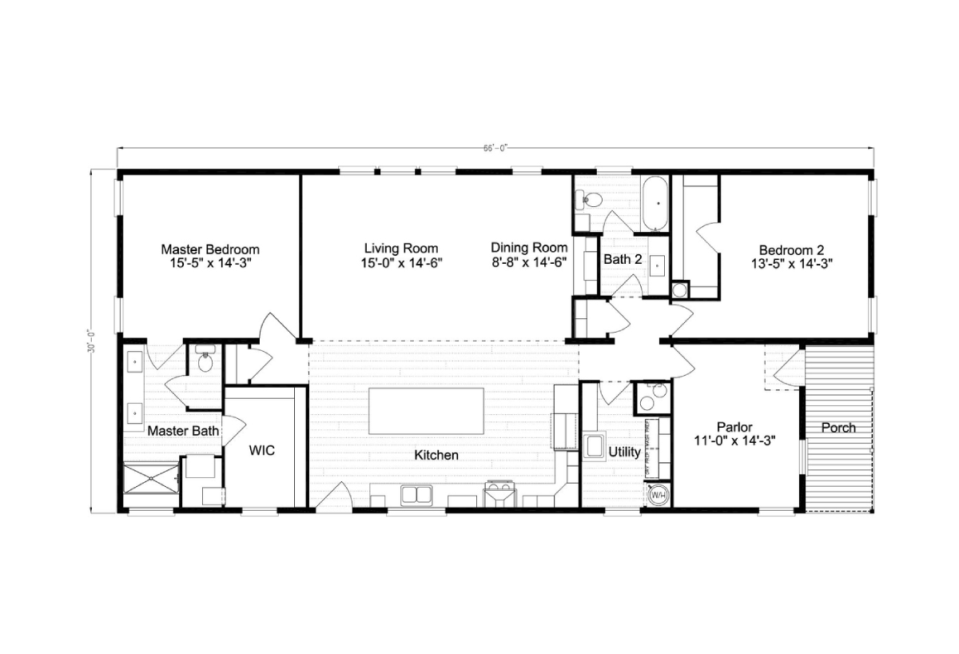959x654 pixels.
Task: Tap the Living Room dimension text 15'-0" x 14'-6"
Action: coord(400,262)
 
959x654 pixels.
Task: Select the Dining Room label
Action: coord(529,248)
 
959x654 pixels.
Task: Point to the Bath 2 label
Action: coord(623,259)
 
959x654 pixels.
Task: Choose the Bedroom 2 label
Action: coord(792,249)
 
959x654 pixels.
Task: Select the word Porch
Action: coord(838,428)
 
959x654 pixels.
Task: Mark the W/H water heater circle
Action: coord(659,495)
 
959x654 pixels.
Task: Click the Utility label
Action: coord(624,452)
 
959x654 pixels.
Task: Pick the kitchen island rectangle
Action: coord(425,411)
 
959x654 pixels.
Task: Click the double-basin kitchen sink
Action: coord(416,495)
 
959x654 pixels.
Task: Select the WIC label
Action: coord(261,451)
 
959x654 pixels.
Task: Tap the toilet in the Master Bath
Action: coord(205,362)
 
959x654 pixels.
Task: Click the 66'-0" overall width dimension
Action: coord(495,148)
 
